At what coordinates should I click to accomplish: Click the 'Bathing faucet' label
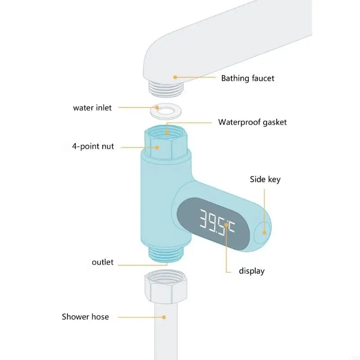(247, 78)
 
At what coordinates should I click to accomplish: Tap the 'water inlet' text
(92, 108)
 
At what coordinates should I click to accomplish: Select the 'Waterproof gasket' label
(252, 122)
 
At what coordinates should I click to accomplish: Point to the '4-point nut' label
(93, 146)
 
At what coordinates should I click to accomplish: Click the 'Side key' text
(265, 180)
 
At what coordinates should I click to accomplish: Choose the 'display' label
(252, 271)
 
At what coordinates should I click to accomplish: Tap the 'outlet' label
(103, 262)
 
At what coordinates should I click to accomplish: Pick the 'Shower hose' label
(85, 317)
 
